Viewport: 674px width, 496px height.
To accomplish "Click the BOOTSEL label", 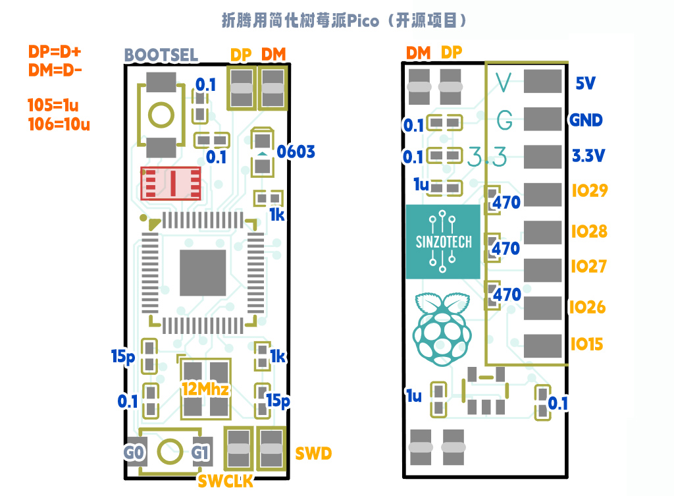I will click(x=161, y=55).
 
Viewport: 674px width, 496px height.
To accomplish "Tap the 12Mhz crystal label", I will click(x=205, y=389).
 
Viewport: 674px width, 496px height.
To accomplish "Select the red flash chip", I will click(x=171, y=184).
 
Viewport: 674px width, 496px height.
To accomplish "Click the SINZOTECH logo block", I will click(x=444, y=241).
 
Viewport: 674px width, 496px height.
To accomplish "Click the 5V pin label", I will click(x=585, y=84).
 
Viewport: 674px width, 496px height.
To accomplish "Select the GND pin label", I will click(x=586, y=120).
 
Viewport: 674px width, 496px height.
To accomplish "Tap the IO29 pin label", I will click(x=589, y=191).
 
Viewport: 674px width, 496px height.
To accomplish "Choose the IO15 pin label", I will click(x=587, y=344).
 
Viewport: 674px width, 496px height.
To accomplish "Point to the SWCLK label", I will click(x=226, y=482).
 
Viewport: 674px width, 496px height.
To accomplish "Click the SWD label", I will click(x=313, y=453).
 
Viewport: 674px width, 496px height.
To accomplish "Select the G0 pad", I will click(x=134, y=453).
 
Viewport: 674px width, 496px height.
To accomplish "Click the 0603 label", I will click(x=296, y=152).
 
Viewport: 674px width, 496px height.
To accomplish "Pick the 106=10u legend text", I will click(x=59, y=123).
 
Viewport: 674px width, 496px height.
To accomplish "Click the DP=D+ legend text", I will click(x=58, y=51).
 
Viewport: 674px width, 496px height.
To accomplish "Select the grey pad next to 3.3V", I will click(x=542, y=157).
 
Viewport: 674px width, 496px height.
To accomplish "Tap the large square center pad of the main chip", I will click(x=201, y=271).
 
